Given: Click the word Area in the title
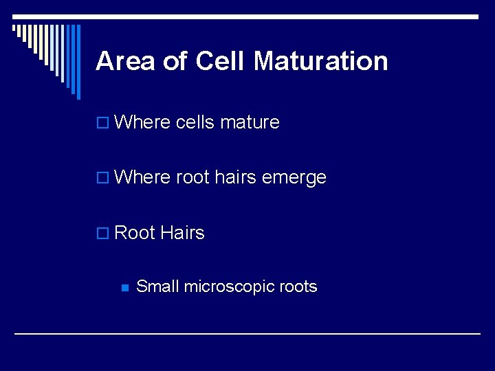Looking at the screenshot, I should point(126,61).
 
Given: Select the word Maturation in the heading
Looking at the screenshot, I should point(320,61).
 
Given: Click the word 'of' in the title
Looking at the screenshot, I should point(175,61).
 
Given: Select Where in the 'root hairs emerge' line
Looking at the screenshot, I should point(142,177).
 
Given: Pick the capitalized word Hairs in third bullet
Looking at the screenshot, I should point(182,233).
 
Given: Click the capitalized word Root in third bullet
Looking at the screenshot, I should point(135,233).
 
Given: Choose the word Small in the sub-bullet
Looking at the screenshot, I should point(157,286).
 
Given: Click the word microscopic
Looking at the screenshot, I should point(228,287).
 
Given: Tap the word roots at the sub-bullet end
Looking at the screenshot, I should point(298,287).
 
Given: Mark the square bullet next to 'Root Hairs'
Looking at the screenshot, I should point(102,234).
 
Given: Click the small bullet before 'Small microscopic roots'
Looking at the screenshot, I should point(124,288).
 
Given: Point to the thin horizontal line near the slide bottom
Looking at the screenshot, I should point(247,333).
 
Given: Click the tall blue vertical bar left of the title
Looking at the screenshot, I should point(77,62).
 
